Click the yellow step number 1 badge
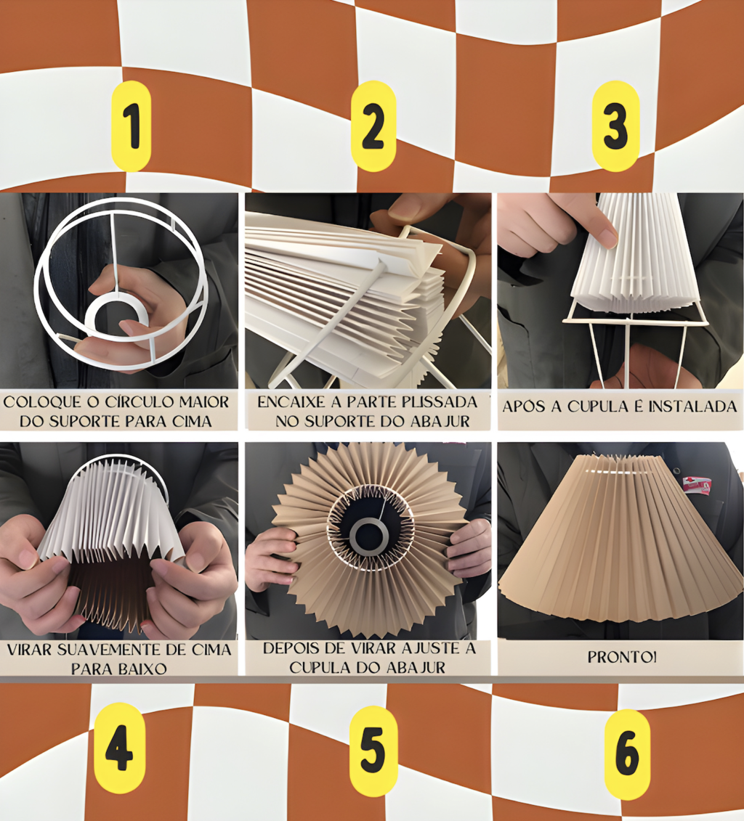pos(131,126)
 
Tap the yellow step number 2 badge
pos(373,126)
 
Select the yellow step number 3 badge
pos(615,126)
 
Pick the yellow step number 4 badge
pos(119,748)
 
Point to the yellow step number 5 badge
pos(373,751)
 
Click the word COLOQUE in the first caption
pos(42,402)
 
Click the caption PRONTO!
pos(622,657)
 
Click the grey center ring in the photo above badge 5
pos(370,536)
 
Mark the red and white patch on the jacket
pos(697,486)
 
